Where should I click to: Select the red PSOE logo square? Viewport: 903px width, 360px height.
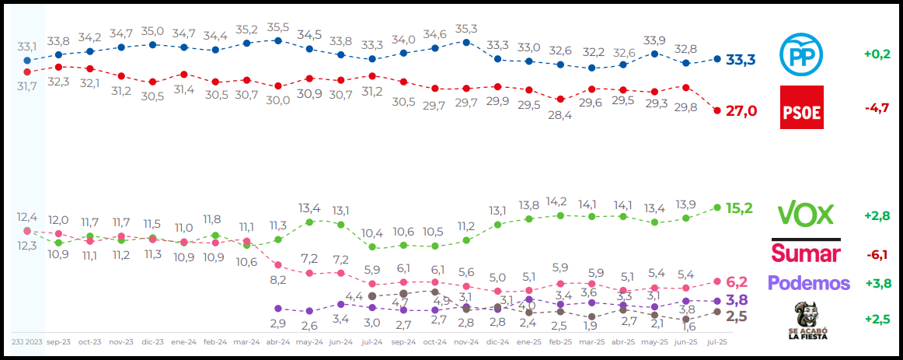click(x=801, y=107)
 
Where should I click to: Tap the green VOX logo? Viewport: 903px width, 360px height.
click(x=805, y=214)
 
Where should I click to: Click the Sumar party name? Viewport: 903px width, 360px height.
click(x=805, y=253)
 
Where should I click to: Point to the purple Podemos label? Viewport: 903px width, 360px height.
click(x=808, y=283)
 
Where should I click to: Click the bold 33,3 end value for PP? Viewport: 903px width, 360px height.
click(x=741, y=60)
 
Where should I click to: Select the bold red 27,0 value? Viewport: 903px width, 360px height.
click(x=741, y=111)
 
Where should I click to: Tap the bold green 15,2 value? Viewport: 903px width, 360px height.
click(x=741, y=208)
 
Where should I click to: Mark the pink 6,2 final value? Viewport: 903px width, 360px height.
click(x=736, y=281)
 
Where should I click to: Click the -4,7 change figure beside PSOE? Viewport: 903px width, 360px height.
click(x=876, y=108)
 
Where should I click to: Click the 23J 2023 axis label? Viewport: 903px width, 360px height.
click(x=26, y=341)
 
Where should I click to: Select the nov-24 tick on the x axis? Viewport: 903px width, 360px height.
click(x=465, y=341)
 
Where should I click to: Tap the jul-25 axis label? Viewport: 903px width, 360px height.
click(x=716, y=341)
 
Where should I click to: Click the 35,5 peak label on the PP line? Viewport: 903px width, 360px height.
click(x=277, y=27)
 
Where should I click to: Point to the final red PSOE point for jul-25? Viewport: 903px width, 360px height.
click(x=717, y=110)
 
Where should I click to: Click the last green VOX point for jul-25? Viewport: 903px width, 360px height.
click(x=717, y=208)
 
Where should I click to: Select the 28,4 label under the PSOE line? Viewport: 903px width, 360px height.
click(x=560, y=115)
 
